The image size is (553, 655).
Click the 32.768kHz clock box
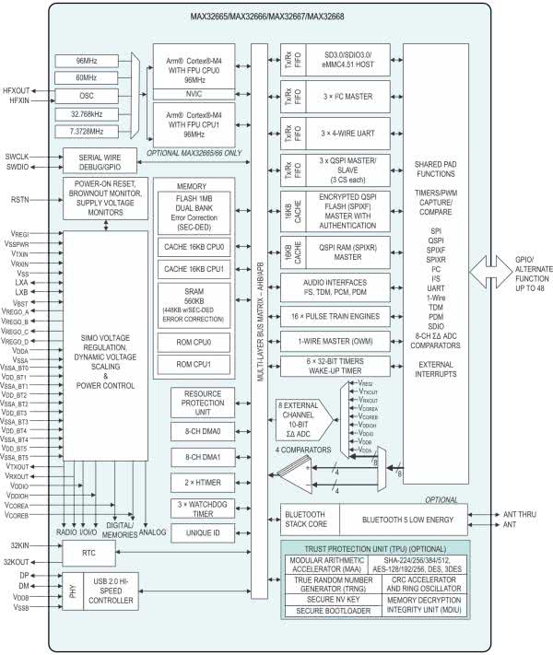(x=94, y=113)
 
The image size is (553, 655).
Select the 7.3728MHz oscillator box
(x=94, y=130)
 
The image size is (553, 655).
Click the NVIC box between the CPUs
(x=197, y=93)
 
